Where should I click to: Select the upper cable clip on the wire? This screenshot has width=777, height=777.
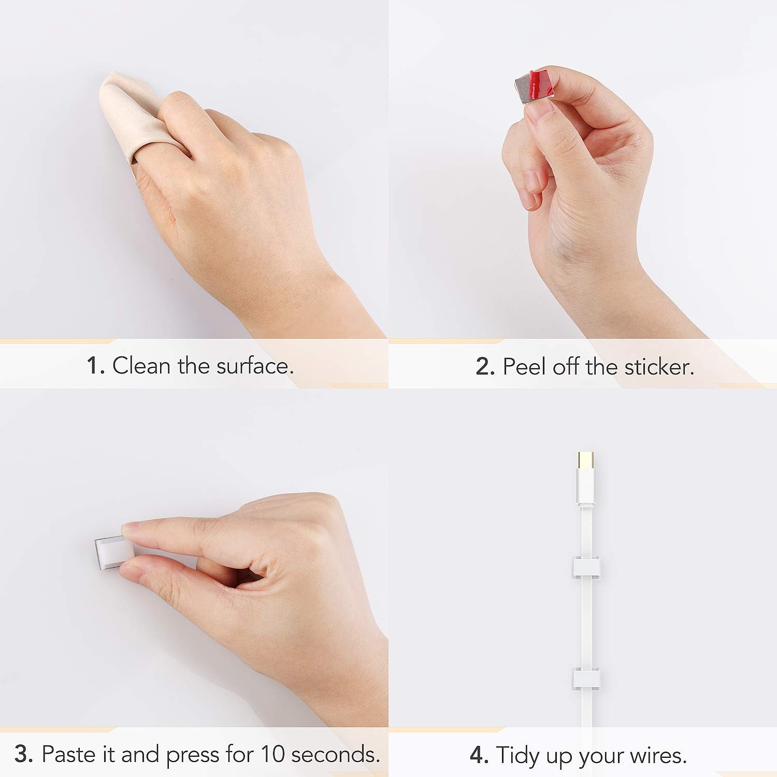(x=586, y=568)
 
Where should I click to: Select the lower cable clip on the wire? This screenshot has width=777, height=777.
(x=586, y=679)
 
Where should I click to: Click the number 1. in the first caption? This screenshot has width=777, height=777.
(x=96, y=366)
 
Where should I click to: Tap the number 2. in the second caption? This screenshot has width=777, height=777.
(x=485, y=367)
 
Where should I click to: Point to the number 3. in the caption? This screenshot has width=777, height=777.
(x=24, y=754)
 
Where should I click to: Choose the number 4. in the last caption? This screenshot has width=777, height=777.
(x=479, y=755)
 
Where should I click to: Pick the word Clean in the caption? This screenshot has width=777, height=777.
(x=141, y=366)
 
